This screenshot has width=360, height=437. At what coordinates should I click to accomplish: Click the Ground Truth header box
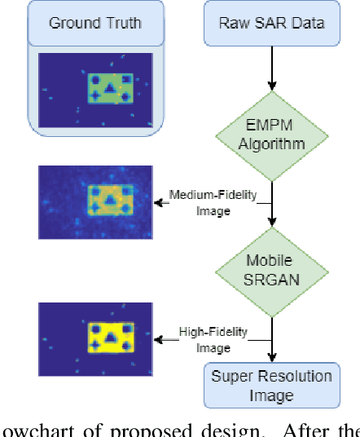pyautogui.click(x=96, y=22)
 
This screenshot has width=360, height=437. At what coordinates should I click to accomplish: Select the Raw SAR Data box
pyautogui.click(x=272, y=22)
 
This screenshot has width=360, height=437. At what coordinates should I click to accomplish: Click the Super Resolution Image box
pyautogui.click(x=272, y=385)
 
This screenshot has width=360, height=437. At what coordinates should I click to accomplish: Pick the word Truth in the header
pyautogui.click(x=123, y=22)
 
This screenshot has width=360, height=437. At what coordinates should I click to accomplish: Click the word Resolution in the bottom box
pyautogui.click(x=296, y=376)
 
